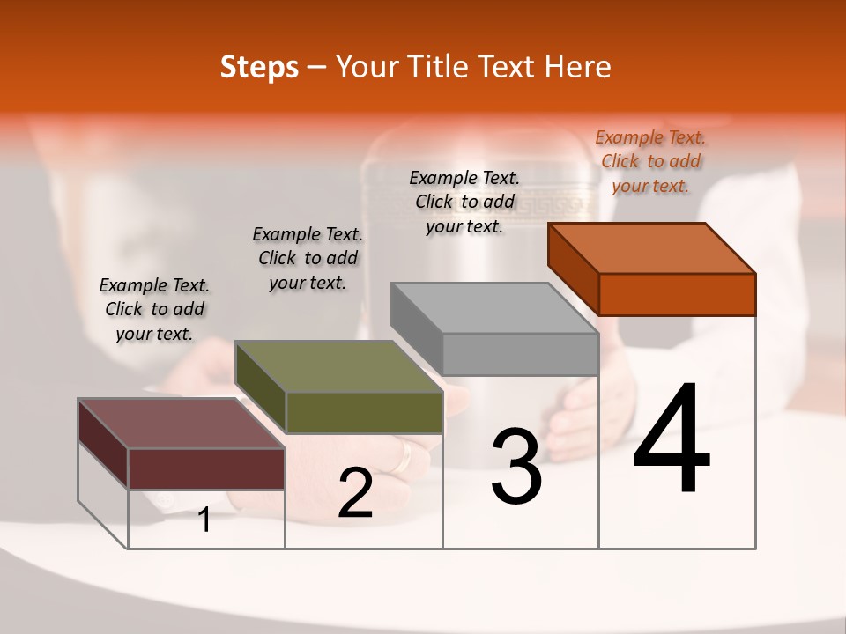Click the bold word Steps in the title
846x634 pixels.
pos(259,67)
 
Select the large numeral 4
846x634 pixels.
pos(672,440)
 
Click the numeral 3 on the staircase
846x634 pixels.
pos(516,468)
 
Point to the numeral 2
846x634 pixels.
pos(356,494)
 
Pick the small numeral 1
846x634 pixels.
pos(204,520)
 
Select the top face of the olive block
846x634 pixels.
pos(338,366)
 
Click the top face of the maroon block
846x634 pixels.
pos(182,424)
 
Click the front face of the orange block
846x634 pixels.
pos(677,294)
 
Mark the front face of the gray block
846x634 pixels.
pos(520,354)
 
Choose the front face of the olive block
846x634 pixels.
pos(364,412)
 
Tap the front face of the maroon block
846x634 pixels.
pos(206,468)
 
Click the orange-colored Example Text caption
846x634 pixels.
pos(650,161)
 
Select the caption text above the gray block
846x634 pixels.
pos(464,202)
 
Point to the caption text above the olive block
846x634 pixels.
pos(308,258)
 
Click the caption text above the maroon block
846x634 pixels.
pos(154,309)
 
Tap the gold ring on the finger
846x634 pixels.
pos(404,456)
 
